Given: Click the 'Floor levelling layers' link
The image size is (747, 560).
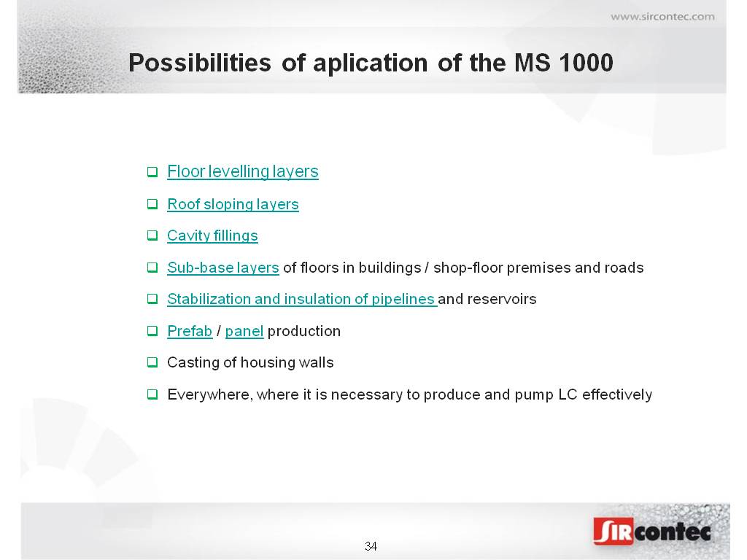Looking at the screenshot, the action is click(242, 171).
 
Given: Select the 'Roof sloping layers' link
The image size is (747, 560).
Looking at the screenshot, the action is click(233, 204).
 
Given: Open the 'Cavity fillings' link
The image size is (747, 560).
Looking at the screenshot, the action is click(212, 236).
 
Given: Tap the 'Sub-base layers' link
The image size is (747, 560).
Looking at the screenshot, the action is click(223, 268).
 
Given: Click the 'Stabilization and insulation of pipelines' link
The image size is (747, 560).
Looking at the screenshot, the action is click(301, 299).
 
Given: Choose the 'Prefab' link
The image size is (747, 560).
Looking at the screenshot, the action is click(190, 331).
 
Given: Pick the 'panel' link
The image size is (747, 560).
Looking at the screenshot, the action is click(244, 331).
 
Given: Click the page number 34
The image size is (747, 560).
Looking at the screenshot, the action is click(371, 546).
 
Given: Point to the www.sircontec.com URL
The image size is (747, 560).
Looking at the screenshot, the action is click(662, 17).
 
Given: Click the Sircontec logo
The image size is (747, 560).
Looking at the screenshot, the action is click(652, 531).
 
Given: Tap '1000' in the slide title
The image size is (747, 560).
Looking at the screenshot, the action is click(586, 63).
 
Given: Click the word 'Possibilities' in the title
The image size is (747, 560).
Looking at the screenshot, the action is click(200, 63).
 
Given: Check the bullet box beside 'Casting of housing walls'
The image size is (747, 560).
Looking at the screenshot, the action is click(152, 362).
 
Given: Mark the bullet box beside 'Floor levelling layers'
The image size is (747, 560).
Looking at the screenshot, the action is click(152, 171).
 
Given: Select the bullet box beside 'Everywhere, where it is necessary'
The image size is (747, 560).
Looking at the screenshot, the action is click(152, 394).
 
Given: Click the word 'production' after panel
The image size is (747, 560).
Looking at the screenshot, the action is click(304, 332).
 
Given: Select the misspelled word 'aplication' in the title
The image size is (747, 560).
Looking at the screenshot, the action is click(370, 63).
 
